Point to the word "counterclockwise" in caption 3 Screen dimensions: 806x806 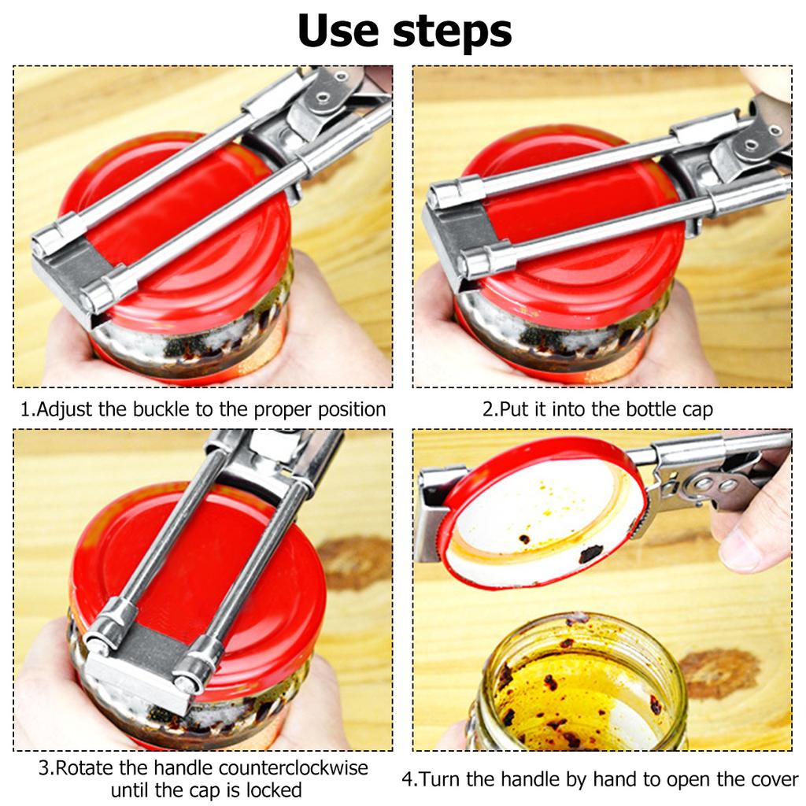click(x=293, y=767)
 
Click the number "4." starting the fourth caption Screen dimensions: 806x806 click(x=410, y=779)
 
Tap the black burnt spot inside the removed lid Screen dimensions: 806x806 click(x=590, y=553)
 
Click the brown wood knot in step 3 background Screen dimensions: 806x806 click(x=356, y=562)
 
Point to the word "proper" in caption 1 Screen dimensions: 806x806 click(x=283, y=410)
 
